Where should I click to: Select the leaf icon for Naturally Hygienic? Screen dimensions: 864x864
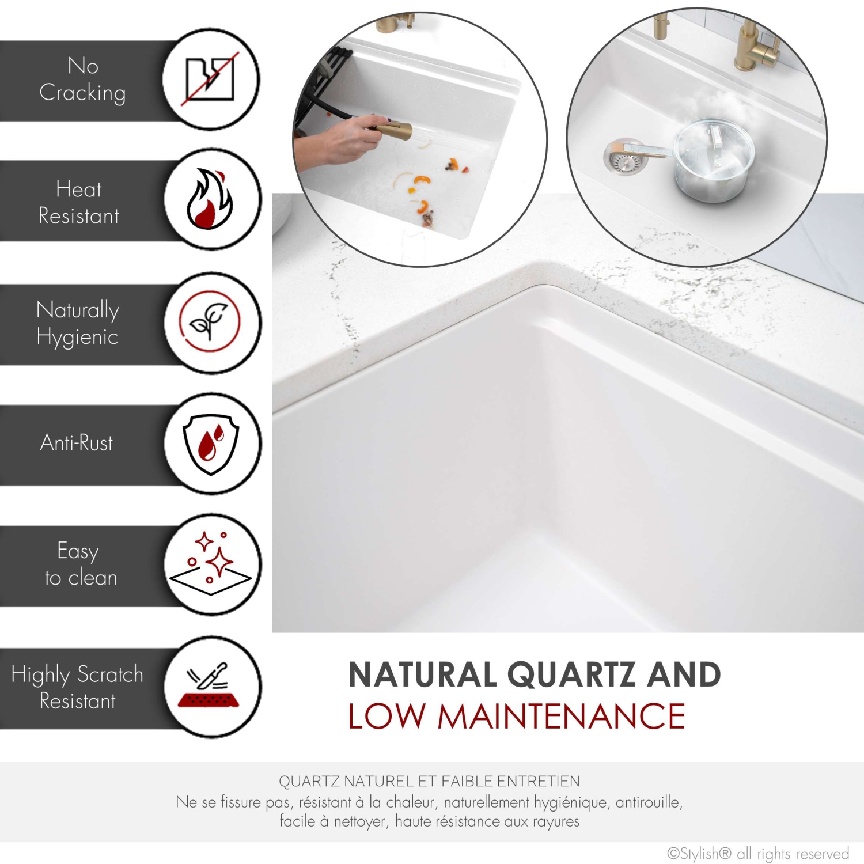pyautogui.click(x=209, y=321)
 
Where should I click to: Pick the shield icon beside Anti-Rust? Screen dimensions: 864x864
pyautogui.click(x=211, y=444)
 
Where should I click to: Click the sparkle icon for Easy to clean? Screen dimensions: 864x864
pyautogui.click(x=211, y=564)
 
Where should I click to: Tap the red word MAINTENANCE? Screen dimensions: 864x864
pyautogui.click(x=562, y=717)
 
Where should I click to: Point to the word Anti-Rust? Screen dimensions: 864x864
pyautogui.click(x=77, y=443)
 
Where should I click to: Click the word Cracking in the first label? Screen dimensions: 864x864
pyautogui.click(x=82, y=93)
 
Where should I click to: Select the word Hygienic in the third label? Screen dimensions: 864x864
pyautogui.click(x=77, y=337)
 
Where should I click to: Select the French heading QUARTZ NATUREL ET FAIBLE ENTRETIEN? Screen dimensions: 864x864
pyautogui.click(x=429, y=781)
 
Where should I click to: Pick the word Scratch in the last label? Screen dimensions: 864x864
pyautogui.click(x=110, y=674)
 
